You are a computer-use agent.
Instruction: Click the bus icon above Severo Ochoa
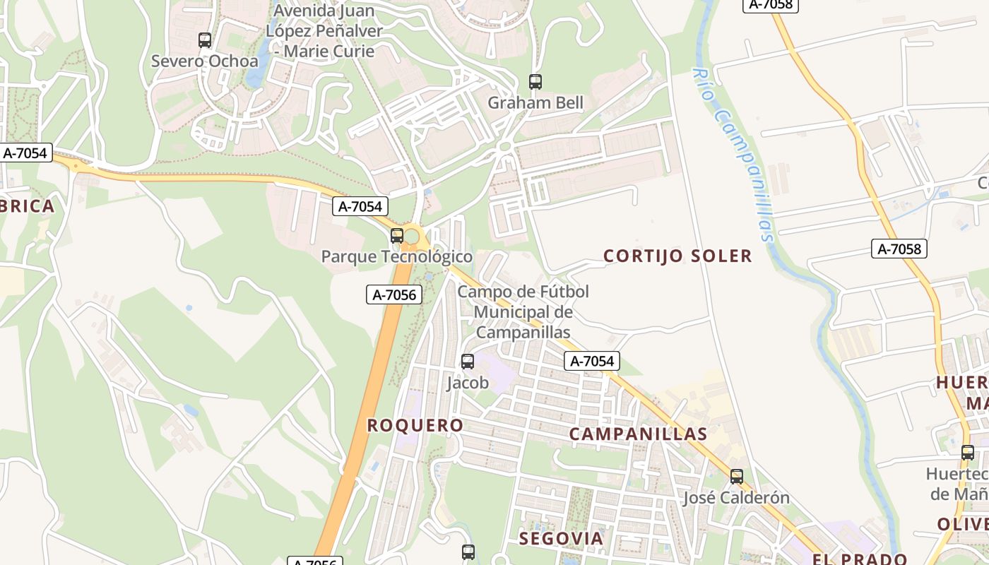pos(205,40)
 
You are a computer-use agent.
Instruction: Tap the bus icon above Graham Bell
pos(535,82)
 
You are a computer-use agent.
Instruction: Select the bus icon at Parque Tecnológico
pos(397,236)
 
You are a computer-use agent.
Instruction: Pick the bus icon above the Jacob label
pos(468,362)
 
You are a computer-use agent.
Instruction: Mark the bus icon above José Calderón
pos(737,477)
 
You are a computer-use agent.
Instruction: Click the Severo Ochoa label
pos(205,61)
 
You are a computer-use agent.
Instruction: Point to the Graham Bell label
pos(535,103)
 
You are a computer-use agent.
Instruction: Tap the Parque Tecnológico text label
pos(396,256)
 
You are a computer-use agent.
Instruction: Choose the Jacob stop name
pos(468,383)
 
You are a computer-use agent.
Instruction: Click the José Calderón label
pos(736,498)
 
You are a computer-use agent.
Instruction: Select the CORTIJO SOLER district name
pos(677,256)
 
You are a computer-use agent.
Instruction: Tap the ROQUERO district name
pos(415,425)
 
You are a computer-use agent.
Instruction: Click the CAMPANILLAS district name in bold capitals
pos(638,434)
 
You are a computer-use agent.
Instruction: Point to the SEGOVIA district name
pos(562,539)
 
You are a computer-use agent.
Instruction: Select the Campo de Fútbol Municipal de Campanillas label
pos(523,311)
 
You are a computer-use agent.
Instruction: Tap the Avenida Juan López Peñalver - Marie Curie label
pos(324,31)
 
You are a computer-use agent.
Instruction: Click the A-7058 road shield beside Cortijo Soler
pos(899,249)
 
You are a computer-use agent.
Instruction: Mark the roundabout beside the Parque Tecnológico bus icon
pos(412,235)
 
